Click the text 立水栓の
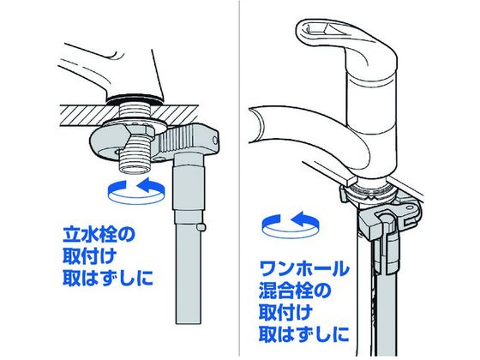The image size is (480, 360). pyautogui.click(x=99, y=235)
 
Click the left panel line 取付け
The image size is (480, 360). pyautogui.click(x=89, y=256)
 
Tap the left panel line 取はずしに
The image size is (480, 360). pyautogui.click(x=107, y=278)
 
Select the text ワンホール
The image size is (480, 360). pyautogui.click(x=304, y=269)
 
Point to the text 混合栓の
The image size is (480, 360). pyautogui.click(x=295, y=291)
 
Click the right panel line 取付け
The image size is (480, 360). pyautogui.click(x=286, y=312)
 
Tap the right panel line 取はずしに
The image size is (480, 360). pyautogui.click(x=304, y=333)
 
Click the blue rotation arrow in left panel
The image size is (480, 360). pyautogui.click(x=136, y=192)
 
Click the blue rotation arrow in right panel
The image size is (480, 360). pyautogui.click(x=291, y=225)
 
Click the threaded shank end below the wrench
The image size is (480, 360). pyautogui.click(x=134, y=159)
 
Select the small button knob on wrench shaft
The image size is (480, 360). pyautogui.click(x=201, y=227)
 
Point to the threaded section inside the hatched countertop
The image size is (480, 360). pyautogui.click(x=134, y=113)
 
